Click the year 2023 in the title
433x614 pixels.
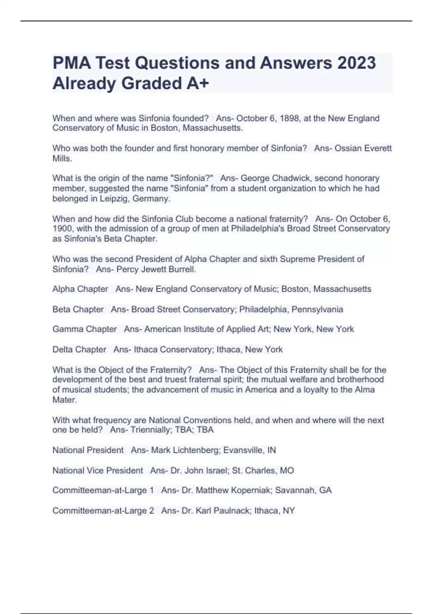coord(357,63)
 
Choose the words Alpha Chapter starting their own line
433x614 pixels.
coord(80,289)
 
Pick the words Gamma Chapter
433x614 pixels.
coord(84,329)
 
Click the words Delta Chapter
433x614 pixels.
coord(79,350)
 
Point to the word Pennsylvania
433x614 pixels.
coord(317,310)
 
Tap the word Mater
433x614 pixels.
coord(64,400)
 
